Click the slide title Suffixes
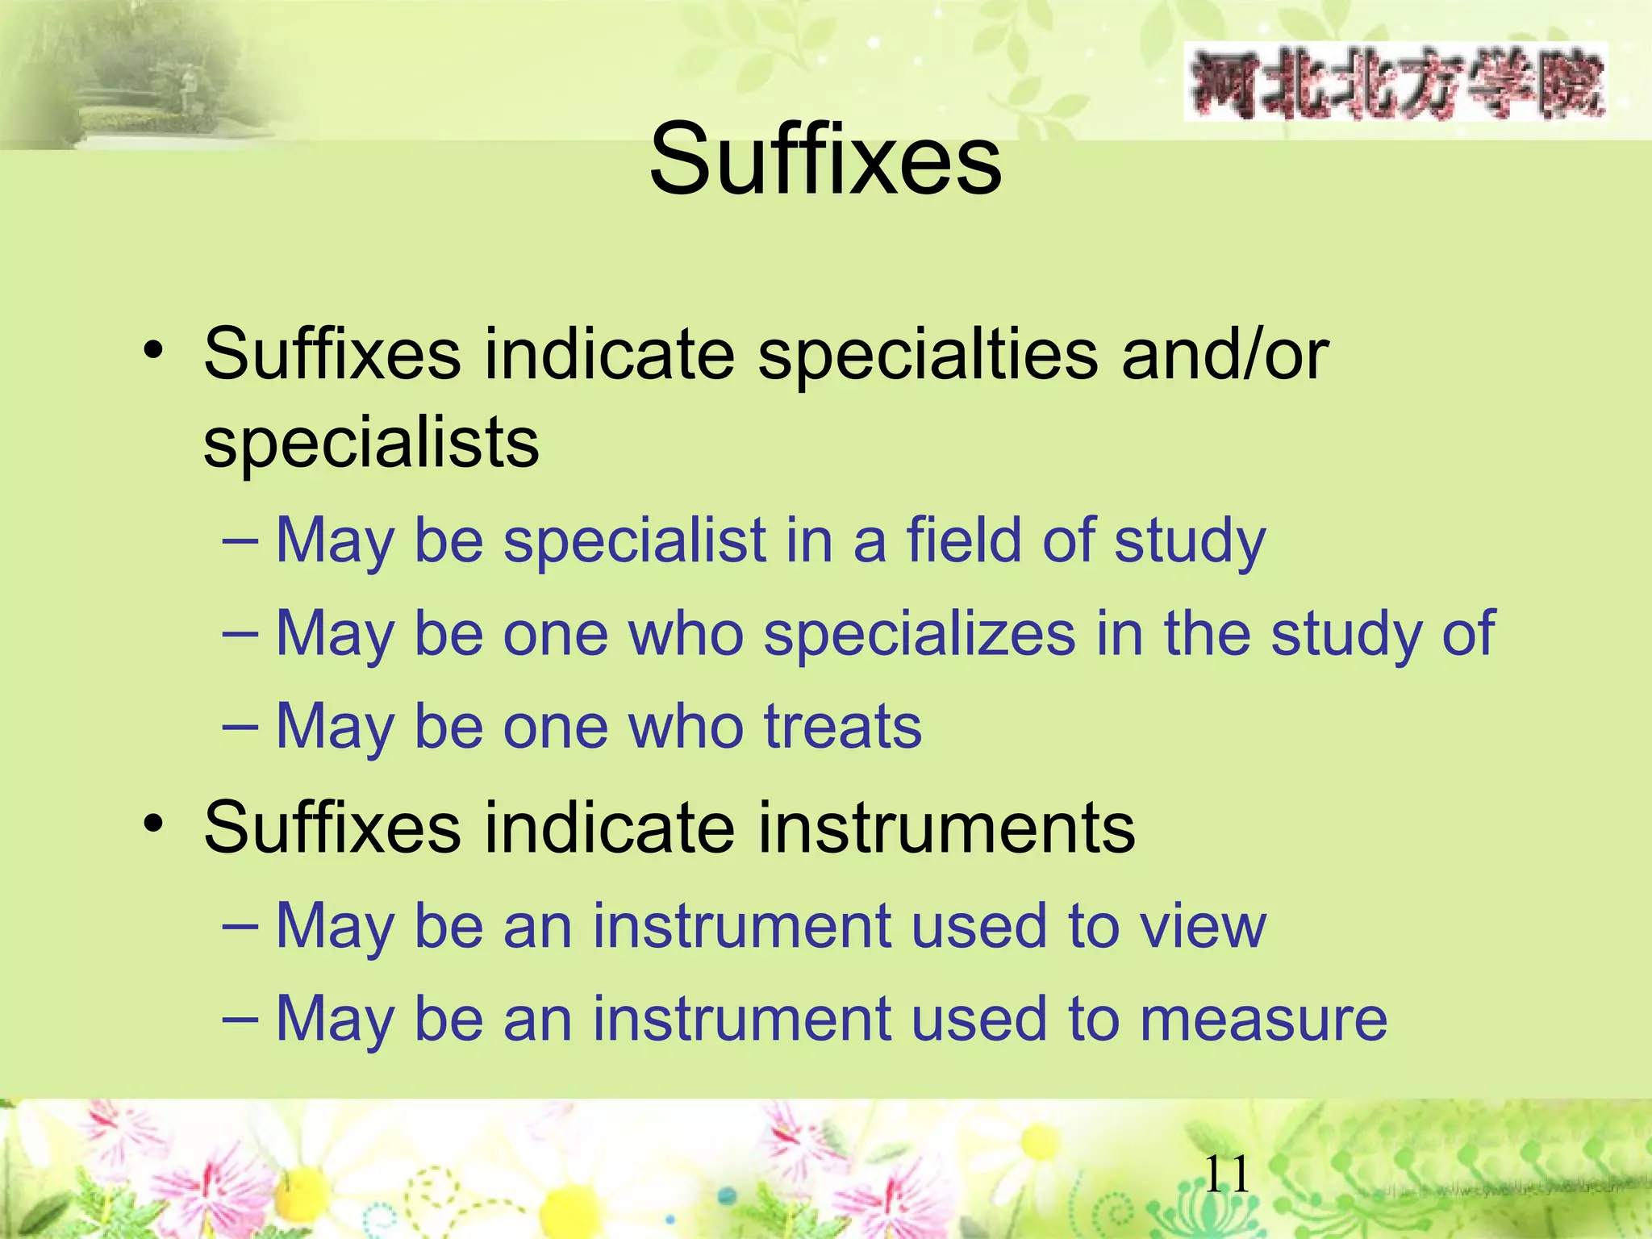(825, 159)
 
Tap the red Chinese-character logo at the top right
(1395, 83)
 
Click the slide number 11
(1227, 1174)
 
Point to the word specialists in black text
(371, 444)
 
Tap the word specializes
(920, 633)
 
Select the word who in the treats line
(686, 726)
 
